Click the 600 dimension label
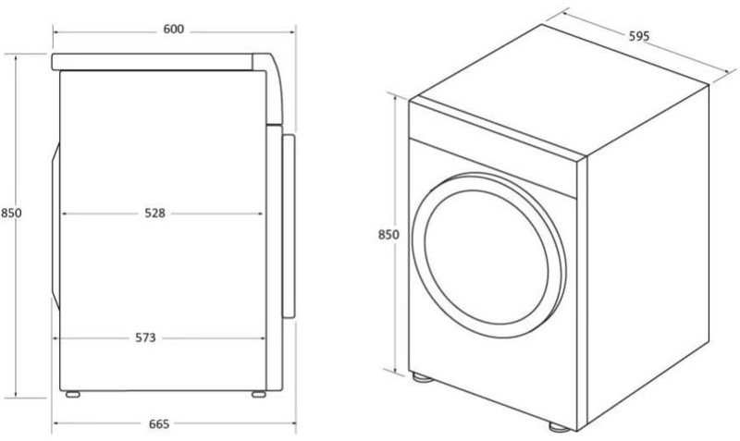point(174,30)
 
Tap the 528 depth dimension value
point(154,214)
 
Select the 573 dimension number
point(145,337)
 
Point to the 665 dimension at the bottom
point(159,424)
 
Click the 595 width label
point(639,36)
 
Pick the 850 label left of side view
point(11,213)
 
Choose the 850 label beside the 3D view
point(388,235)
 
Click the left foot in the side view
point(73,394)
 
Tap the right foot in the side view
point(259,394)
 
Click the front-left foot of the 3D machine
point(422,377)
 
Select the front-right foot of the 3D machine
point(560,427)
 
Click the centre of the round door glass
point(487,257)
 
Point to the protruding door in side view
point(289,227)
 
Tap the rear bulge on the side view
point(56,227)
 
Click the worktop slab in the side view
point(152,62)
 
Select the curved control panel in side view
point(274,90)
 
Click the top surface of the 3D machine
point(560,90)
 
